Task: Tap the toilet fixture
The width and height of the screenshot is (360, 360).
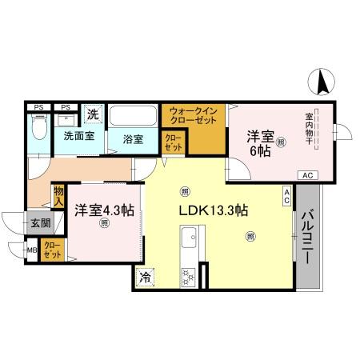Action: click(x=38, y=126)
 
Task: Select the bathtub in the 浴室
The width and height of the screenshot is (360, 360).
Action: click(x=133, y=118)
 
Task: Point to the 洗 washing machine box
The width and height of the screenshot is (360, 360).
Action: click(x=93, y=115)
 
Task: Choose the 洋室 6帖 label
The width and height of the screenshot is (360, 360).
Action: click(x=260, y=142)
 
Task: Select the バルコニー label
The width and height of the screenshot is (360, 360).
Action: click(x=307, y=238)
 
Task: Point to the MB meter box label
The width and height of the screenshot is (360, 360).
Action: click(x=32, y=251)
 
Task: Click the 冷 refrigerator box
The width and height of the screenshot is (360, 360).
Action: click(x=145, y=277)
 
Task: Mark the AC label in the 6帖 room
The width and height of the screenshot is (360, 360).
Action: click(x=307, y=174)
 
